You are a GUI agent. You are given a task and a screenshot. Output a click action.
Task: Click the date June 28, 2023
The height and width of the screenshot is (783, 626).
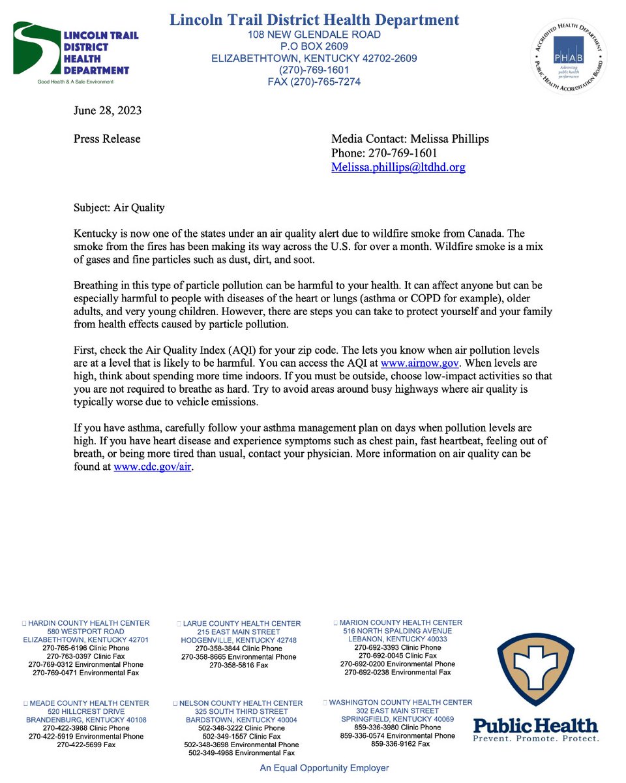107,110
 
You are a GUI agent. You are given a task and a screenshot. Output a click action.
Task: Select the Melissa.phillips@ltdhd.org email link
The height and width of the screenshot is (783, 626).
398,167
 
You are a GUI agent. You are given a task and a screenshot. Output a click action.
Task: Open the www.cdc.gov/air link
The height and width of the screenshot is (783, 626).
153,467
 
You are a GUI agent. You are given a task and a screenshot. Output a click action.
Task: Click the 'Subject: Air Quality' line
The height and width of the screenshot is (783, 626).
119,207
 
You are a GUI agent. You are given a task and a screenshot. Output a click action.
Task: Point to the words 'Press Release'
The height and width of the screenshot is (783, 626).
106,138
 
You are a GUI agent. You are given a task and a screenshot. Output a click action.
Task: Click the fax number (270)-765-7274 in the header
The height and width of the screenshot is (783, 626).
314,82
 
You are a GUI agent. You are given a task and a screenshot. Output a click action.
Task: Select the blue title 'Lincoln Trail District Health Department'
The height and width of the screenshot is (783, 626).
314,20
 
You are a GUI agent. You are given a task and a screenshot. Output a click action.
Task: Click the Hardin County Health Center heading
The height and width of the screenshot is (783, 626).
89,623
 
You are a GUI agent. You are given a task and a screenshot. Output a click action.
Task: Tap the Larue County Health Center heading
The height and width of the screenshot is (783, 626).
241,624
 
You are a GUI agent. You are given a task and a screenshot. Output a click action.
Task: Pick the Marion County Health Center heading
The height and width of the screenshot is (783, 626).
400,622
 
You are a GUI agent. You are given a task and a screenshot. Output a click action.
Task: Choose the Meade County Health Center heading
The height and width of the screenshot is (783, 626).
89,703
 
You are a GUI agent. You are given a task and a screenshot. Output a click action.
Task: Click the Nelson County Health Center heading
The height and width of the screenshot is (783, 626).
241,703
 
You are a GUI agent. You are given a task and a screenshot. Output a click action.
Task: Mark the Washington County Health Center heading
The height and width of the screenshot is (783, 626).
400,702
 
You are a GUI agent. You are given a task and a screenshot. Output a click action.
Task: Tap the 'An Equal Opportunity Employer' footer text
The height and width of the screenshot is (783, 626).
325,768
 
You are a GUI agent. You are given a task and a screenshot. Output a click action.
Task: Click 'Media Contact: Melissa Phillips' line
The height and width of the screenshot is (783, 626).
410,138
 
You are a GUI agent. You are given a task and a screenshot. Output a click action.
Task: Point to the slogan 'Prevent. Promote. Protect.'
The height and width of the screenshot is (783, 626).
535,738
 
